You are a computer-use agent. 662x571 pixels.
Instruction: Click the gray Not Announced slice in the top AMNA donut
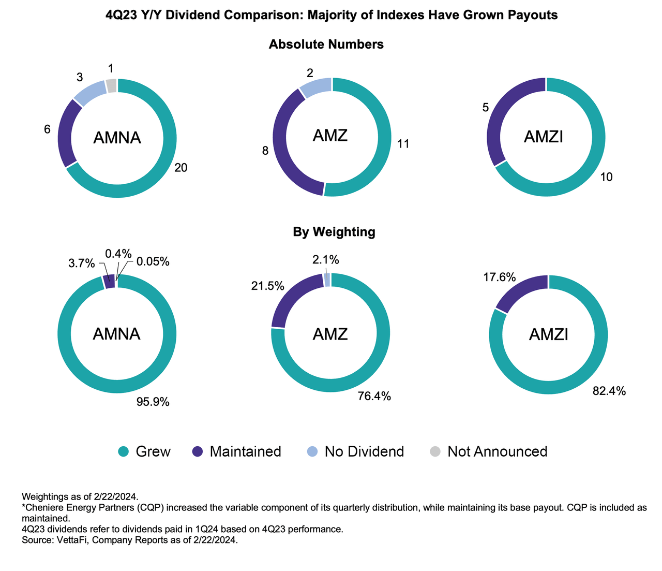[111, 85]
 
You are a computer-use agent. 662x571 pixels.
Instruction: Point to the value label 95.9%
[153, 401]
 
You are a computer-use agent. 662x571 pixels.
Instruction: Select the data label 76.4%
[374, 397]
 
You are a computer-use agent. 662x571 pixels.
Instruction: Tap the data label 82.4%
[609, 391]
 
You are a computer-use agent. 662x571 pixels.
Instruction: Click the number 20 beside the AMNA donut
[180, 167]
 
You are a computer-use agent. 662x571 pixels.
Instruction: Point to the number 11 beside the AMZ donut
[403, 144]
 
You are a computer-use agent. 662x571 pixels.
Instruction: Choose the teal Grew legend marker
[123, 451]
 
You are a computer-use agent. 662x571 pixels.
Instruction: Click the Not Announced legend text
[497, 451]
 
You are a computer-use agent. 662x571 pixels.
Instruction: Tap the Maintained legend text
[245, 451]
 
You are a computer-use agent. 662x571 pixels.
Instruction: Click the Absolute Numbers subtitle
[326, 45]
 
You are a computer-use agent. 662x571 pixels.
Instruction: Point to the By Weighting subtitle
[334, 232]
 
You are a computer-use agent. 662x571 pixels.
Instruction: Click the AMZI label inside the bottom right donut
[548, 334]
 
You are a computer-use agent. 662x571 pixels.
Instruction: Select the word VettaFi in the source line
[65, 540]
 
